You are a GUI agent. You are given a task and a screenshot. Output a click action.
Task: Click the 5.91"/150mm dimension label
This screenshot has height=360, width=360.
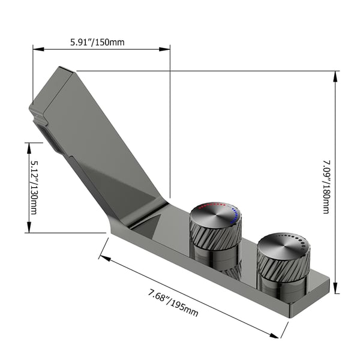97,43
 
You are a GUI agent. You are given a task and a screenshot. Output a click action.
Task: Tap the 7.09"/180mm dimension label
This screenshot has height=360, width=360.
326,187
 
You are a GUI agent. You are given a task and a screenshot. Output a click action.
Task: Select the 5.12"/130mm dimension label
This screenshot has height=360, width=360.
34,188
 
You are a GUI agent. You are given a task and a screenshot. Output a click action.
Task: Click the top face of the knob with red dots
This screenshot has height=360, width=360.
216,215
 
